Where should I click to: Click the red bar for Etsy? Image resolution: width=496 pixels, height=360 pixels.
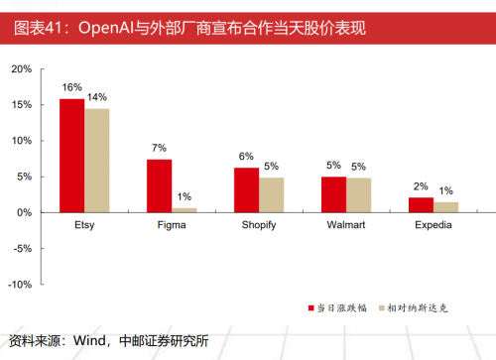point(71,156)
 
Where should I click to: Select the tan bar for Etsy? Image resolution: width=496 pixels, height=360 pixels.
point(96,161)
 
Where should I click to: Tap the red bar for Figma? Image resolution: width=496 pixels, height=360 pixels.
point(159,185)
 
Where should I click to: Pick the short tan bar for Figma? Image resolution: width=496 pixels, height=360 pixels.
point(185,209)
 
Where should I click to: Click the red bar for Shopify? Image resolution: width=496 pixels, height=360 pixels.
point(246,189)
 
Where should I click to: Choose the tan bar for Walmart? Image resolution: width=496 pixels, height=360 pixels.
point(358,194)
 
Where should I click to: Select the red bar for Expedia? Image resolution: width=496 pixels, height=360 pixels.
point(421,204)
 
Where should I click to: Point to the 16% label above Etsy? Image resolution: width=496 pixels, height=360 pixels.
point(71,88)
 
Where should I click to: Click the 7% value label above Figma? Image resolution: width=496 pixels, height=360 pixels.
point(159,149)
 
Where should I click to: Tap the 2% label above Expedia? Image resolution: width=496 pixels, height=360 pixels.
point(421,186)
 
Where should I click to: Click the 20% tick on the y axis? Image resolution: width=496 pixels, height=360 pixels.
point(22,69)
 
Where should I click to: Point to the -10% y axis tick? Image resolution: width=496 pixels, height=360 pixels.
point(20,284)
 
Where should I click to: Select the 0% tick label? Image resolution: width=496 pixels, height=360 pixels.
point(25,212)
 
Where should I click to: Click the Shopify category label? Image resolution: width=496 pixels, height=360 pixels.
point(258,226)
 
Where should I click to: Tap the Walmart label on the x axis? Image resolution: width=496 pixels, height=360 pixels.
point(346,226)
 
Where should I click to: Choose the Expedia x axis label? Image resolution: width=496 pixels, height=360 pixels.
point(433,226)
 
